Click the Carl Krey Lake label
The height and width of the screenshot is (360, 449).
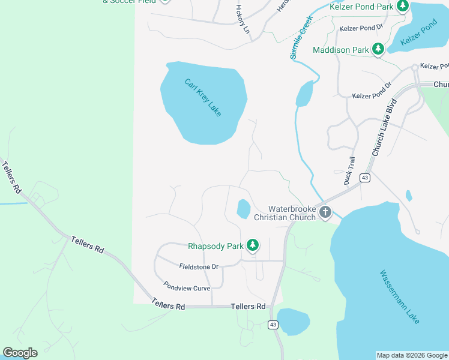click(x=203, y=98)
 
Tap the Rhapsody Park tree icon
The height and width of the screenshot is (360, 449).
click(x=253, y=245)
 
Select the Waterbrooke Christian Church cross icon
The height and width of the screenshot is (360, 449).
click(x=325, y=211)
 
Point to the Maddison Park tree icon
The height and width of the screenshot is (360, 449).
click(x=378, y=49)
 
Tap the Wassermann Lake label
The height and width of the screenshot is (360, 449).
click(x=400, y=297)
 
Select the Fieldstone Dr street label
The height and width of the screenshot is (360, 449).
click(x=199, y=266)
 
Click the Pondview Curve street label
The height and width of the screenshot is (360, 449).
click(x=187, y=288)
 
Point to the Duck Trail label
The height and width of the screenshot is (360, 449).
click(x=351, y=170)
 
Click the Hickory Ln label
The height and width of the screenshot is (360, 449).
click(x=243, y=19)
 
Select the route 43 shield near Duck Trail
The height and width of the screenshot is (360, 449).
click(x=364, y=178)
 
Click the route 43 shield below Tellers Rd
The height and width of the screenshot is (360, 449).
click(x=273, y=325)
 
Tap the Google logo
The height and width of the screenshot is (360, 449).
click(x=20, y=352)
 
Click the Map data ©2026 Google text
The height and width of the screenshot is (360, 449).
click(x=411, y=355)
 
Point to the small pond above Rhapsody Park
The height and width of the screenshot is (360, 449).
click(x=243, y=209)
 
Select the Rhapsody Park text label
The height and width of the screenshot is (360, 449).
click(x=215, y=245)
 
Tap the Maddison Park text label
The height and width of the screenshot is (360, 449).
click(x=340, y=50)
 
